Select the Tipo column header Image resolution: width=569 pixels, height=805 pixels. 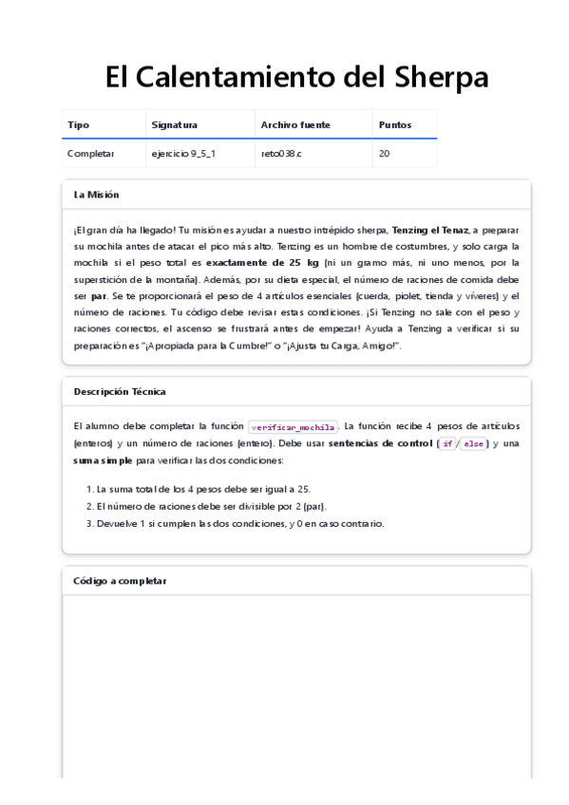pos(78,124)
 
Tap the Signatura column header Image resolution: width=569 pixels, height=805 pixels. pos(174,124)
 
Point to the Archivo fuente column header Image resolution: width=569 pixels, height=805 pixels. pos(295,124)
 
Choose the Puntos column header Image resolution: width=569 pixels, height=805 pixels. pos(395,124)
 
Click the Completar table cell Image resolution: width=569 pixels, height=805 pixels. pos(90,153)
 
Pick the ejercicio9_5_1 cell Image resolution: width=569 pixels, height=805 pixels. pos(183,153)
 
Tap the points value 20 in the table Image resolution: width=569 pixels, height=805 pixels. pos(384,153)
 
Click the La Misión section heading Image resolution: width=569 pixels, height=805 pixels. pos(97,195)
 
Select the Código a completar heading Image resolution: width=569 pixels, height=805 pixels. pos(120,581)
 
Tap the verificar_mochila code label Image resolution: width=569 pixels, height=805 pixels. pos(293,427)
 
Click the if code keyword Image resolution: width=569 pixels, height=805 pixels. pos(447,443)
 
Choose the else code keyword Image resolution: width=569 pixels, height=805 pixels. pos(472,443)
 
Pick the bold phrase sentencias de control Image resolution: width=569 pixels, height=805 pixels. pos(379,443)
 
